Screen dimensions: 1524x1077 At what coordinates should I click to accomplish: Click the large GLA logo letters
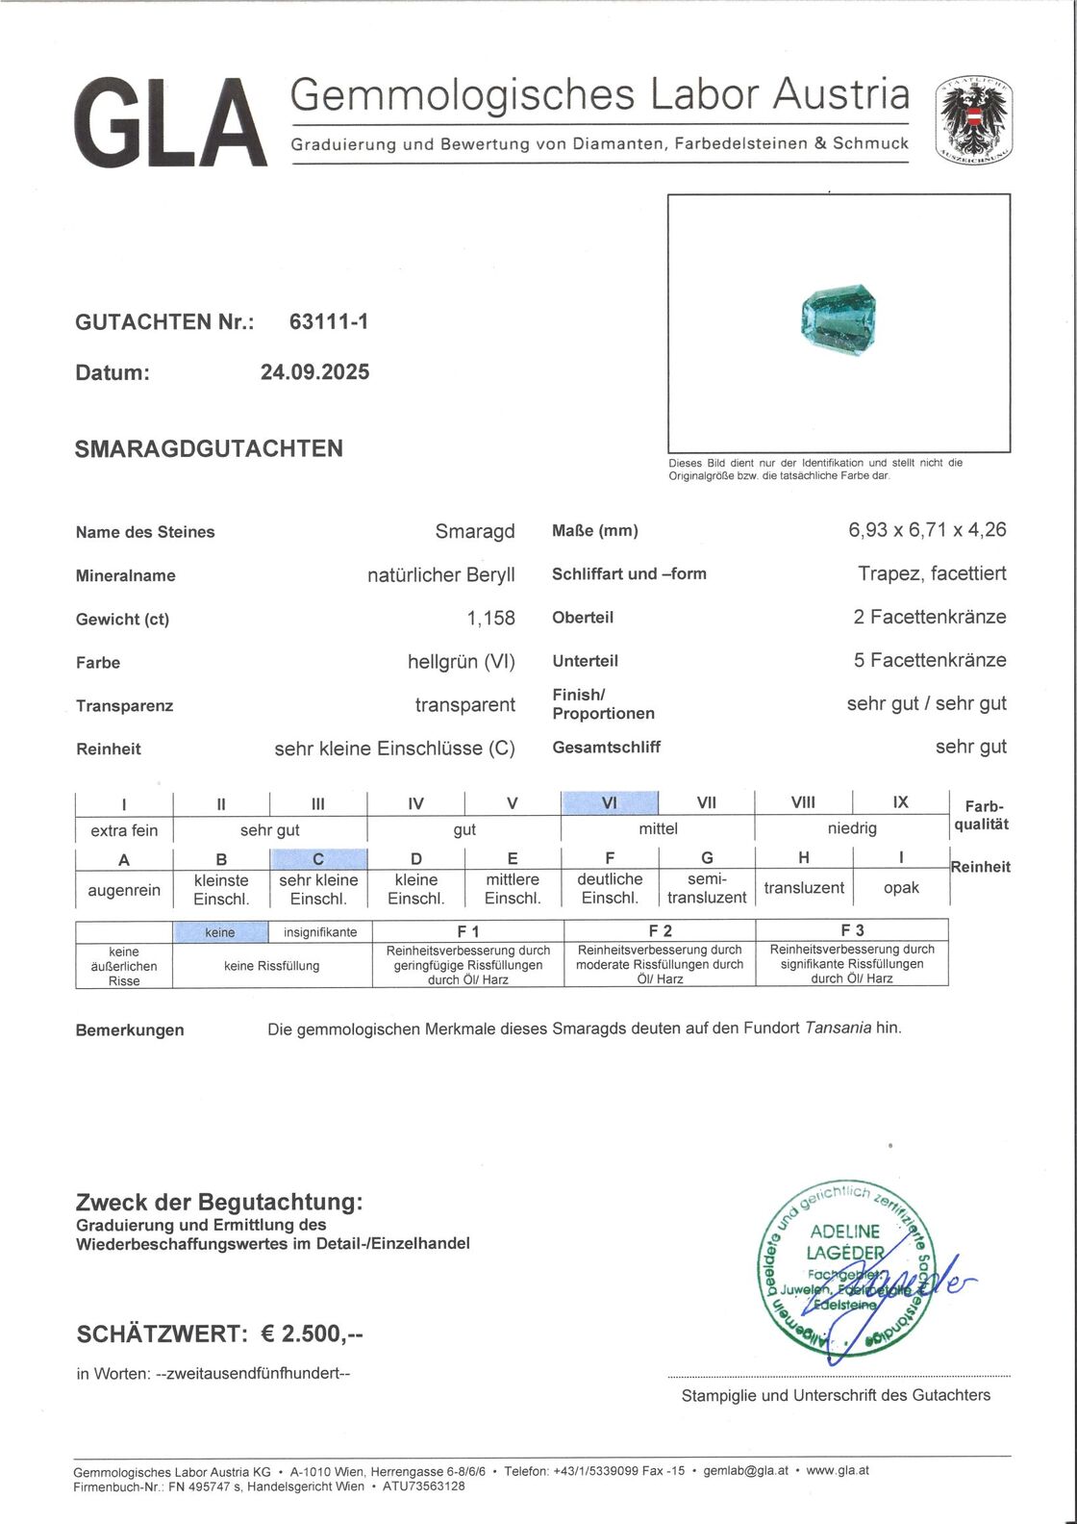[170, 124]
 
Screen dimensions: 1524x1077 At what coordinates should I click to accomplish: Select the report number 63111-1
[328, 322]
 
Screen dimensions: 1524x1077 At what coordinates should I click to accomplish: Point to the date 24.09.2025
[314, 372]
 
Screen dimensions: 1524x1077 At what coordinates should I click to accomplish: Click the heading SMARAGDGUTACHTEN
[209, 448]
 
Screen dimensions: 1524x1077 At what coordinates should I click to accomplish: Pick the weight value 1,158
[490, 619]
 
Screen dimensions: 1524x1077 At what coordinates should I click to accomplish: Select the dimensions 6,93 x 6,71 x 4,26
[927, 530]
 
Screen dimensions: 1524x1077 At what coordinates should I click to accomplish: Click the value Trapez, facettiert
[932, 573]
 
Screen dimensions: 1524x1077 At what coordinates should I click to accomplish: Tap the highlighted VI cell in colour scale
[610, 802]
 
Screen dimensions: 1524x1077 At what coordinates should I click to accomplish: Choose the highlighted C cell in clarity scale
[318, 859]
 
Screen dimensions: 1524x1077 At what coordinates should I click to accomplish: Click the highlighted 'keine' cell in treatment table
[220, 931]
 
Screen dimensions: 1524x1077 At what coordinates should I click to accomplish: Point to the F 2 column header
[660, 930]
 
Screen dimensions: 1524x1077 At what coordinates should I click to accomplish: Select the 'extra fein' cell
[124, 830]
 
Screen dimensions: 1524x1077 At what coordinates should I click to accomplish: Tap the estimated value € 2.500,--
[301, 1333]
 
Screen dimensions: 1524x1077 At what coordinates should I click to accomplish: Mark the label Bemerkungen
[130, 1029]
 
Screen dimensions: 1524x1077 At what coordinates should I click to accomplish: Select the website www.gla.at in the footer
[837, 1470]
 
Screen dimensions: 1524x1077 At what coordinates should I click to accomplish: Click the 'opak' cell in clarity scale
[901, 888]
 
